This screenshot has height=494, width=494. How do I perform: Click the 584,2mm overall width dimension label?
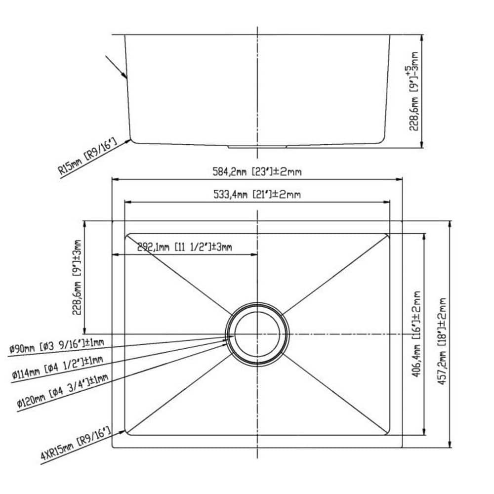tap(257, 172)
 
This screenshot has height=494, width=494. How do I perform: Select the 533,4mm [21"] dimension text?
tap(257, 194)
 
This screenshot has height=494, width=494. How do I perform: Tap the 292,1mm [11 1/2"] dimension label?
tap(184, 247)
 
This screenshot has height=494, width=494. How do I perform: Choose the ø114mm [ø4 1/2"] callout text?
tap(58, 368)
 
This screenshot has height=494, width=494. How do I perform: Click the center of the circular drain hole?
tap(257, 334)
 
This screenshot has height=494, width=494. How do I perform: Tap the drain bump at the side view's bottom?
tap(257, 146)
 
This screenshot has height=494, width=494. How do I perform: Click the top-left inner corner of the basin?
tap(128, 235)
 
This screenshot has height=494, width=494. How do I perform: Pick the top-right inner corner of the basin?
tap(388, 235)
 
